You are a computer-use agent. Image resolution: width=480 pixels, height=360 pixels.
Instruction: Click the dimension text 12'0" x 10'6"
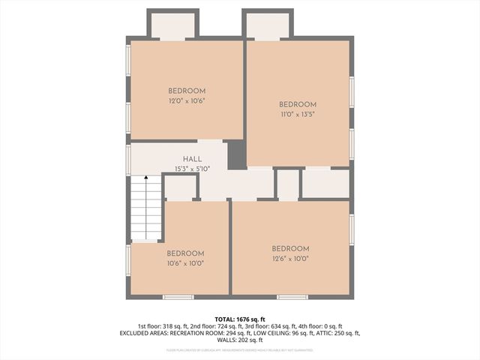(x=187, y=100)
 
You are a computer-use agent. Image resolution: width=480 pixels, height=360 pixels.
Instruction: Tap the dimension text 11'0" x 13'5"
(x=298, y=115)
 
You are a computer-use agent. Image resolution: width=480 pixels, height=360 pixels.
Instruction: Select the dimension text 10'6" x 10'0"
(x=185, y=263)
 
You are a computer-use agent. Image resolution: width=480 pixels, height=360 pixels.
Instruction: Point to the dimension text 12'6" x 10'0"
(x=290, y=259)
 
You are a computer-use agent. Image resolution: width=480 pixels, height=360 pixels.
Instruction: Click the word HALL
(x=192, y=160)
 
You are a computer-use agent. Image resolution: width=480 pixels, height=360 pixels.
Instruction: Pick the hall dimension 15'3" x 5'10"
(x=193, y=169)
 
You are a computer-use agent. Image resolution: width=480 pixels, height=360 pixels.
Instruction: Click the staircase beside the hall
(x=146, y=208)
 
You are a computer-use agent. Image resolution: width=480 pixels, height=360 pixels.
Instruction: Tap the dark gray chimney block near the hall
(x=236, y=154)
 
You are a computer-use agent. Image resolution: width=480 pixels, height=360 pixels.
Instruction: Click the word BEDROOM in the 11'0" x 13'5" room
(x=298, y=105)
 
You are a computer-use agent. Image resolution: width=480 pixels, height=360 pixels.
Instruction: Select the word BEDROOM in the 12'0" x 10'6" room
(x=187, y=91)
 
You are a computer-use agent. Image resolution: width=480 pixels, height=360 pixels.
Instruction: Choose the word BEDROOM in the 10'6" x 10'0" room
(x=185, y=253)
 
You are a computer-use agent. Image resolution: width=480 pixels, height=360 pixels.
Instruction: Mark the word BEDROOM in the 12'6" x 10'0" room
(x=290, y=249)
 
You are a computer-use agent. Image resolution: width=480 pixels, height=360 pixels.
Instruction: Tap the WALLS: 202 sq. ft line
(x=239, y=340)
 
